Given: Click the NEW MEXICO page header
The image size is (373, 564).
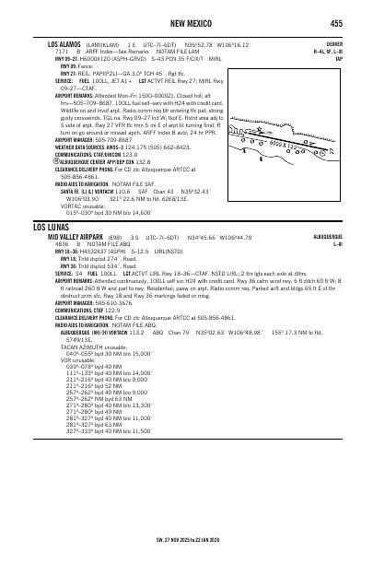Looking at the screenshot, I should click(187, 23).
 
